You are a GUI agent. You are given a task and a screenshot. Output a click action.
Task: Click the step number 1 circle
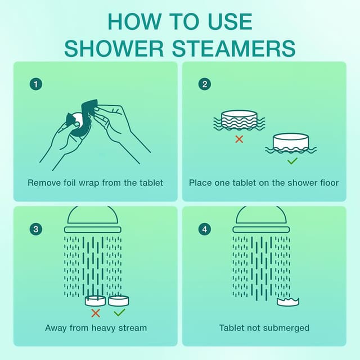click(x=36, y=84)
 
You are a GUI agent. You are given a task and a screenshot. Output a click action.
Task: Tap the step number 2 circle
click(x=204, y=84)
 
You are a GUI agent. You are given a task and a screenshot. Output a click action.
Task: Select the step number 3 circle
click(x=36, y=229)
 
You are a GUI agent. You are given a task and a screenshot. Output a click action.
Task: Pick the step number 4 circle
click(x=204, y=229)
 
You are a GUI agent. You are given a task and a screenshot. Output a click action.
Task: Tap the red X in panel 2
click(x=239, y=138)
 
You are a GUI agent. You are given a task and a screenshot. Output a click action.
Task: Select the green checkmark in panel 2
click(x=292, y=161)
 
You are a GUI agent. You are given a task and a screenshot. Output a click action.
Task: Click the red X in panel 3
click(x=96, y=312)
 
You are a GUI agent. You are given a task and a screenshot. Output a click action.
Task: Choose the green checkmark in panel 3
click(x=119, y=312)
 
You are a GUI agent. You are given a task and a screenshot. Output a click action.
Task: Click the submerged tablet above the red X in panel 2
click(x=239, y=119)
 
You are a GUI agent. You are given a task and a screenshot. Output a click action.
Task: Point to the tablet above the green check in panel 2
click(x=291, y=142)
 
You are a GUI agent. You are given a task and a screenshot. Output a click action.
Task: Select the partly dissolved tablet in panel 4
click(x=288, y=301)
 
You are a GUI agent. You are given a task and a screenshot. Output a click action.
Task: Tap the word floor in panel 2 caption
click(x=328, y=183)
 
